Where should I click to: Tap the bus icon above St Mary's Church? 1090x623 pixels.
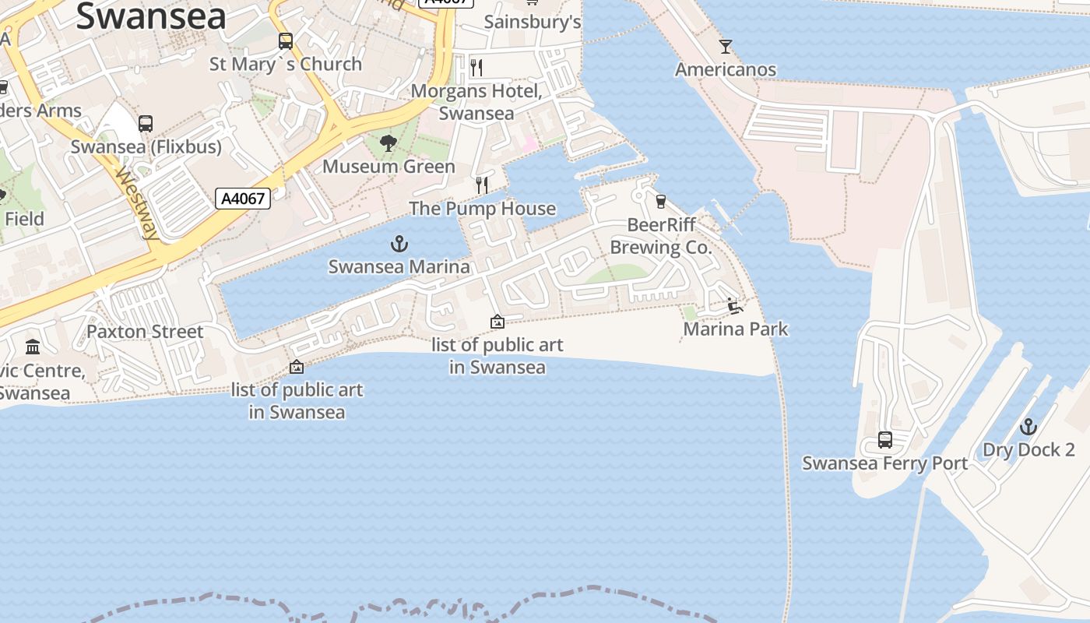click(x=286, y=41)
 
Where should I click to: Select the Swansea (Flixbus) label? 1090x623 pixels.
click(x=146, y=146)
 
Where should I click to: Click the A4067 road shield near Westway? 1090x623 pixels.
click(x=243, y=199)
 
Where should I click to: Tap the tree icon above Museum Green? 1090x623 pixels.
click(x=388, y=143)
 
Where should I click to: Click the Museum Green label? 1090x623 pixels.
click(x=389, y=167)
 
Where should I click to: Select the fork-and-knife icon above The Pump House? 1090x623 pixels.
click(x=482, y=185)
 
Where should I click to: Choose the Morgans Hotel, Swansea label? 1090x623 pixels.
click(x=476, y=102)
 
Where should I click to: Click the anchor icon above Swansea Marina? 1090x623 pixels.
click(x=399, y=245)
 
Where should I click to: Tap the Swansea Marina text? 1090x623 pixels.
click(x=399, y=266)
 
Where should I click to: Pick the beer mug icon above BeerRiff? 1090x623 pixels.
click(x=661, y=202)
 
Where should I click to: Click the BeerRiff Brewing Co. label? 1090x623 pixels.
click(x=660, y=237)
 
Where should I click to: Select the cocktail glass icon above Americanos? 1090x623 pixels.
click(x=726, y=47)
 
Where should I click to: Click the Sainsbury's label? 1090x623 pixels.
click(x=533, y=22)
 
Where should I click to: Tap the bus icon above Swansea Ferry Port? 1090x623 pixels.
click(x=885, y=440)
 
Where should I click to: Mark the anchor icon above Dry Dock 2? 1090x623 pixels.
click(x=1028, y=427)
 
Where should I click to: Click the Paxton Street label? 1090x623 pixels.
click(x=145, y=332)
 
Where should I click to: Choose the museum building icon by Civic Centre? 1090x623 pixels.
click(x=33, y=347)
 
